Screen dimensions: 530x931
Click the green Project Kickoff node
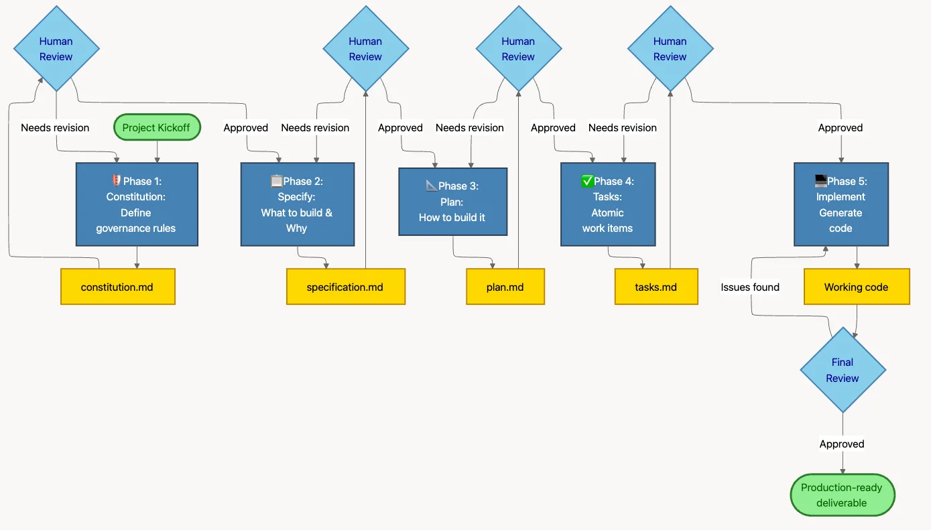click(x=157, y=127)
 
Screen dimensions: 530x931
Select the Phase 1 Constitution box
click(x=136, y=204)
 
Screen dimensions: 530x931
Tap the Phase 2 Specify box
click(x=297, y=204)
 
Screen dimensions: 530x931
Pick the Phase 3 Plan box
click(x=452, y=202)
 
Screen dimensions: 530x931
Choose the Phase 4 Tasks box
click(x=607, y=204)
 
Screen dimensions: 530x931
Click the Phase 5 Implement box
click(x=841, y=204)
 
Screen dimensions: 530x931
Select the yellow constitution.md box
click(x=117, y=287)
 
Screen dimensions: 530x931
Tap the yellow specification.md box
click(x=345, y=287)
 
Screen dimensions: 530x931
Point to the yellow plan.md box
click(x=505, y=287)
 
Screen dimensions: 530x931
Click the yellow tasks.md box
click(x=656, y=287)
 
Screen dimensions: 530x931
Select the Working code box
click(x=856, y=287)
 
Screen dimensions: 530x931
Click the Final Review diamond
click(x=843, y=370)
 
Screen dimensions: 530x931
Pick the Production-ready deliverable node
click(x=842, y=495)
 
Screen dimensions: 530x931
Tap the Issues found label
click(x=750, y=287)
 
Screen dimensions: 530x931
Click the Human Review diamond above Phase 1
click(x=56, y=48)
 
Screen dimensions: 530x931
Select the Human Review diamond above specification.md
click(x=365, y=48)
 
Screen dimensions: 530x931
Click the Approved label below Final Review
click(x=842, y=444)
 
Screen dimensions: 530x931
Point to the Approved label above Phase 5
click(x=840, y=127)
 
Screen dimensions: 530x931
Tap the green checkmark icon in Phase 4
click(x=587, y=181)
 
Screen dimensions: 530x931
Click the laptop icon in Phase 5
click(x=820, y=181)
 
